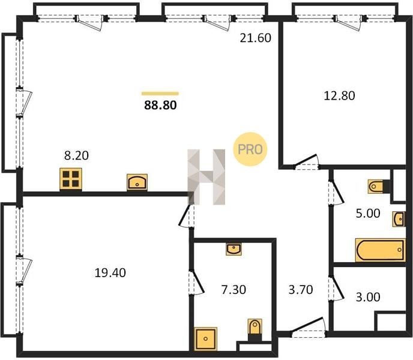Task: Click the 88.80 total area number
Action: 160,106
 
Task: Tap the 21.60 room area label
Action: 256,38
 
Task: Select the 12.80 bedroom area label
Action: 339,95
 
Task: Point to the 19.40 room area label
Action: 110,273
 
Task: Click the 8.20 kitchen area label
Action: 76,155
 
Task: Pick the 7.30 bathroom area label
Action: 234,290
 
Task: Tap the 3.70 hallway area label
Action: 301,290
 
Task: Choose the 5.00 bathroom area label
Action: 368,214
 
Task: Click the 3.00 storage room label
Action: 368,297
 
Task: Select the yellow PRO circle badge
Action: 250,149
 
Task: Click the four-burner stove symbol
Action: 71,179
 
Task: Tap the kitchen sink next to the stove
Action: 137,182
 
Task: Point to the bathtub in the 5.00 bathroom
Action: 380,250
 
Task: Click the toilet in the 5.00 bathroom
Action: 379,187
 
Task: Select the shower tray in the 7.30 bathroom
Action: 206,339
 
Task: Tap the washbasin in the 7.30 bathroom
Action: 234,249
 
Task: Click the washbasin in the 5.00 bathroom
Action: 399,219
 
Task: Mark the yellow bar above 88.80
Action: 160,94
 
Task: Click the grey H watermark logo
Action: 206,177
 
